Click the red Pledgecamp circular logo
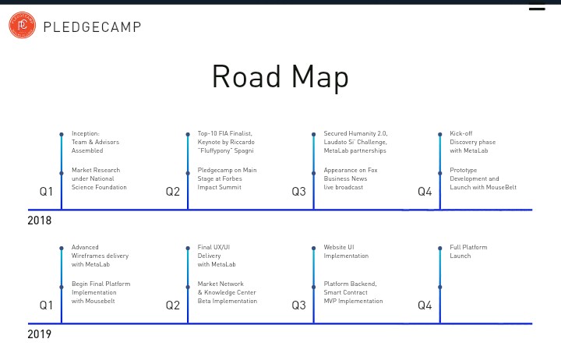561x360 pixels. [x=22, y=25]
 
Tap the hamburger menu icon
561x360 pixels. [x=537, y=6]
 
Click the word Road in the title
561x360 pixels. [x=246, y=76]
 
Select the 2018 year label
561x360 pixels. [x=40, y=221]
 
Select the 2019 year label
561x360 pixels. [x=40, y=334]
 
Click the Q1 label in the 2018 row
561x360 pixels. [x=46, y=192]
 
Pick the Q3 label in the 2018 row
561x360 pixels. [x=298, y=192]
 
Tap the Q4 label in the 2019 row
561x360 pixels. [x=425, y=305]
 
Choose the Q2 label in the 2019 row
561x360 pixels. [x=173, y=305]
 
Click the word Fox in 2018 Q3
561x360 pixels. [x=372, y=170]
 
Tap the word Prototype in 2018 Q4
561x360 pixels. [x=464, y=171]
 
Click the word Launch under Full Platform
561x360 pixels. [x=460, y=256]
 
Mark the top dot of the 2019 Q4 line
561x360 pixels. [x=440, y=248]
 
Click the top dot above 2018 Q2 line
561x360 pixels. [x=188, y=134]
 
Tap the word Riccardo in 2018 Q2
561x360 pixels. [x=242, y=142]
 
